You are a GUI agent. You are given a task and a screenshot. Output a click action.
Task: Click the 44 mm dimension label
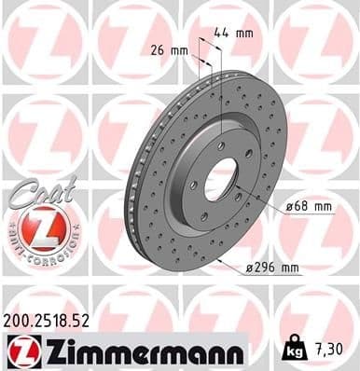coord(240,33)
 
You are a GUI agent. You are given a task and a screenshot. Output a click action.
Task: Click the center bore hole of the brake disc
coord(221,178)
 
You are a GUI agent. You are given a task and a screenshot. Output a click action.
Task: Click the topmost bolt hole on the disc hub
coord(221,145)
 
